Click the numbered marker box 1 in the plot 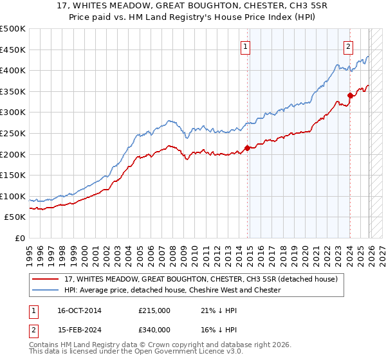[x=246, y=46]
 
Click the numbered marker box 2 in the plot [x=348, y=46]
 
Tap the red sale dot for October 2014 [x=247, y=148]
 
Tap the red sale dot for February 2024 [x=350, y=95]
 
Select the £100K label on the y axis [x=13, y=196]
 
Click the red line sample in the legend [x=46, y=279]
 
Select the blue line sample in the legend [x=46, y=290]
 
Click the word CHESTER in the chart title [x=246, y=7]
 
